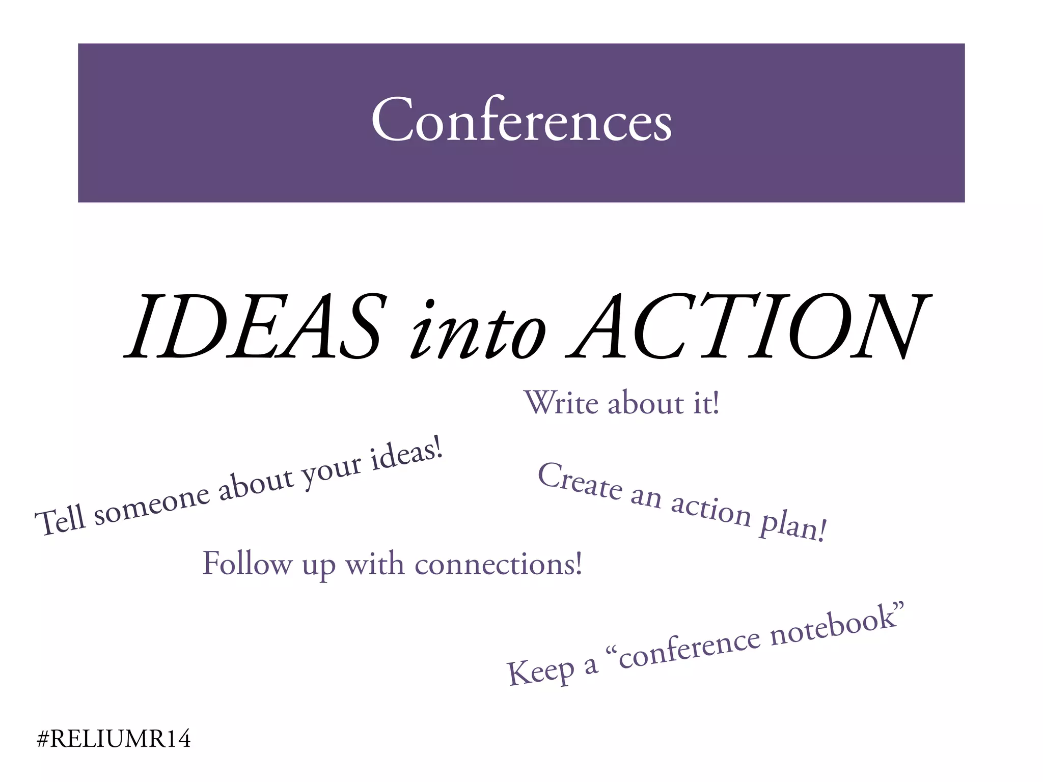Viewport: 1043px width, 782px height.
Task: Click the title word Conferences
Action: point(521,120)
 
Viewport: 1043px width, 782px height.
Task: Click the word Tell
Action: point(60,520)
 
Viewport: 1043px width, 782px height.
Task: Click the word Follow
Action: point(247,564)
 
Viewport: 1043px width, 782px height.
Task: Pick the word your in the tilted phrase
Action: point(331,471)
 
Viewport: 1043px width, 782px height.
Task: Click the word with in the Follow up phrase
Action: point(374,564)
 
